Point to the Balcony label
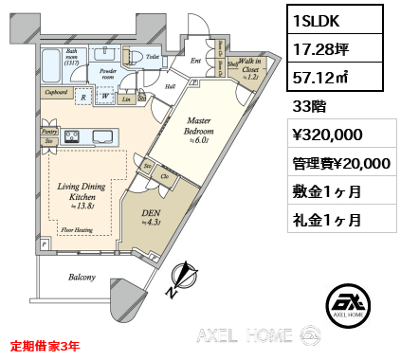(x=82, y=278)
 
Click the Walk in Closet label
(x=250, y=70)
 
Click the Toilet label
(x=153, y=57)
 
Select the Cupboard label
(x=55, y=93)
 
